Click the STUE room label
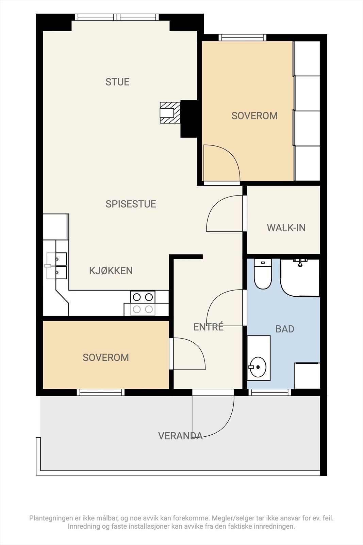coord(117,82)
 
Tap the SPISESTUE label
coord(131,204)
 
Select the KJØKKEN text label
coord(111,270)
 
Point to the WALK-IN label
coord(286,228)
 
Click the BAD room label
coord(285,329)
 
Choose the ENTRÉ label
coord(208,327)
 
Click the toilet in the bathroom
coord(263,274)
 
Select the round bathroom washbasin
coord(258,367)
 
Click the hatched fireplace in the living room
coord(170,113)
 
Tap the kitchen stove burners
coord(143,303)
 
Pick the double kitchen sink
coord(56,266)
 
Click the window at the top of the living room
coord(117,17)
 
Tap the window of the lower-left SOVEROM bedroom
coord(101,392)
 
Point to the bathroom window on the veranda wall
coord(270,392)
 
